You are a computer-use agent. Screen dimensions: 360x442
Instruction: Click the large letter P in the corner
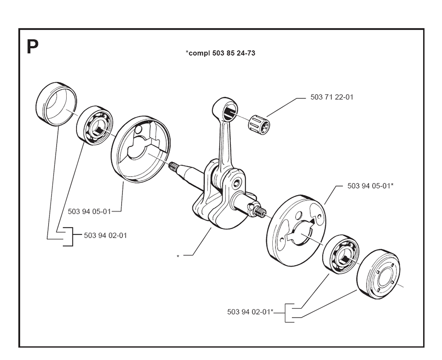32,47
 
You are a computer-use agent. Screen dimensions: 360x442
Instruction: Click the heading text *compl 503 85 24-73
221,53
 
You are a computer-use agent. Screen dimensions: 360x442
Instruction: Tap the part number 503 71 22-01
331,97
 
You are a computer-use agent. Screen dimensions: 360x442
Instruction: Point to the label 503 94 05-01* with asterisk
370,186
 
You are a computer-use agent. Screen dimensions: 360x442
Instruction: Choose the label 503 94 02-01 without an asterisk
105,235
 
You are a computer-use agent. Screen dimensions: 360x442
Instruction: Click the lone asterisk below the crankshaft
178,256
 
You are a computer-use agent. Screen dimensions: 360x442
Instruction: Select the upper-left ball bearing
95,124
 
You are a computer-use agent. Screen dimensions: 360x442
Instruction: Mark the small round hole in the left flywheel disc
140,130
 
